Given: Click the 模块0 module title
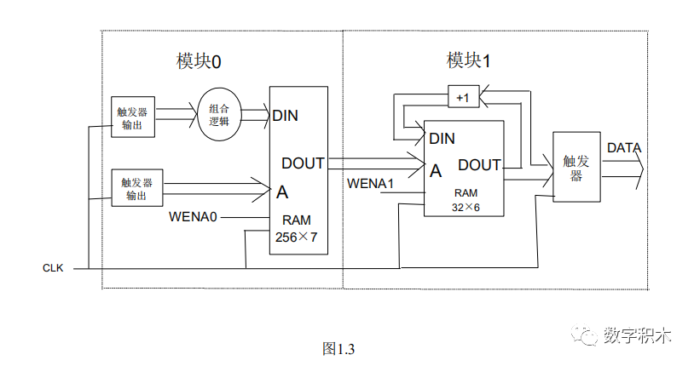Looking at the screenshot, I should (199, 61).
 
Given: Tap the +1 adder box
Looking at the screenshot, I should (463, 98).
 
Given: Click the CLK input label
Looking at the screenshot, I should (54, 268).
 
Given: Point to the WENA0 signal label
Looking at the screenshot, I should (193, 218).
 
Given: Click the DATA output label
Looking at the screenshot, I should (624, 148).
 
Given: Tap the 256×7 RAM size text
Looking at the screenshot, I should (296, 237).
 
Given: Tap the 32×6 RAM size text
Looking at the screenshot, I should (467, 206).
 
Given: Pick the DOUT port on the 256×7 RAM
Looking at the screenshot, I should (303, 163).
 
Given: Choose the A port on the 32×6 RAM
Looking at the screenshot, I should (436, 170).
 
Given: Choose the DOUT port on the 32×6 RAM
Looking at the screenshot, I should (479, 164).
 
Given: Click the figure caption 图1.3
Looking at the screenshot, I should (338, 348).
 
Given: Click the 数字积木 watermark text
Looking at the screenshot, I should (638, 335).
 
